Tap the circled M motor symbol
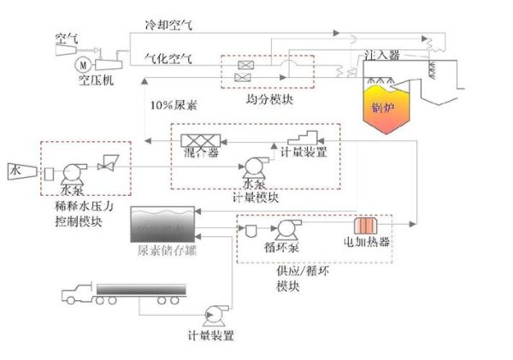(83, 63)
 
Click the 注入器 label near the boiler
(381, 54)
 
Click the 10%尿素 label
(170, 105)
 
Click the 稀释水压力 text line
(77, 208)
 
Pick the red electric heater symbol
(365, 226)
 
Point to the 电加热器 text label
(368, 242)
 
